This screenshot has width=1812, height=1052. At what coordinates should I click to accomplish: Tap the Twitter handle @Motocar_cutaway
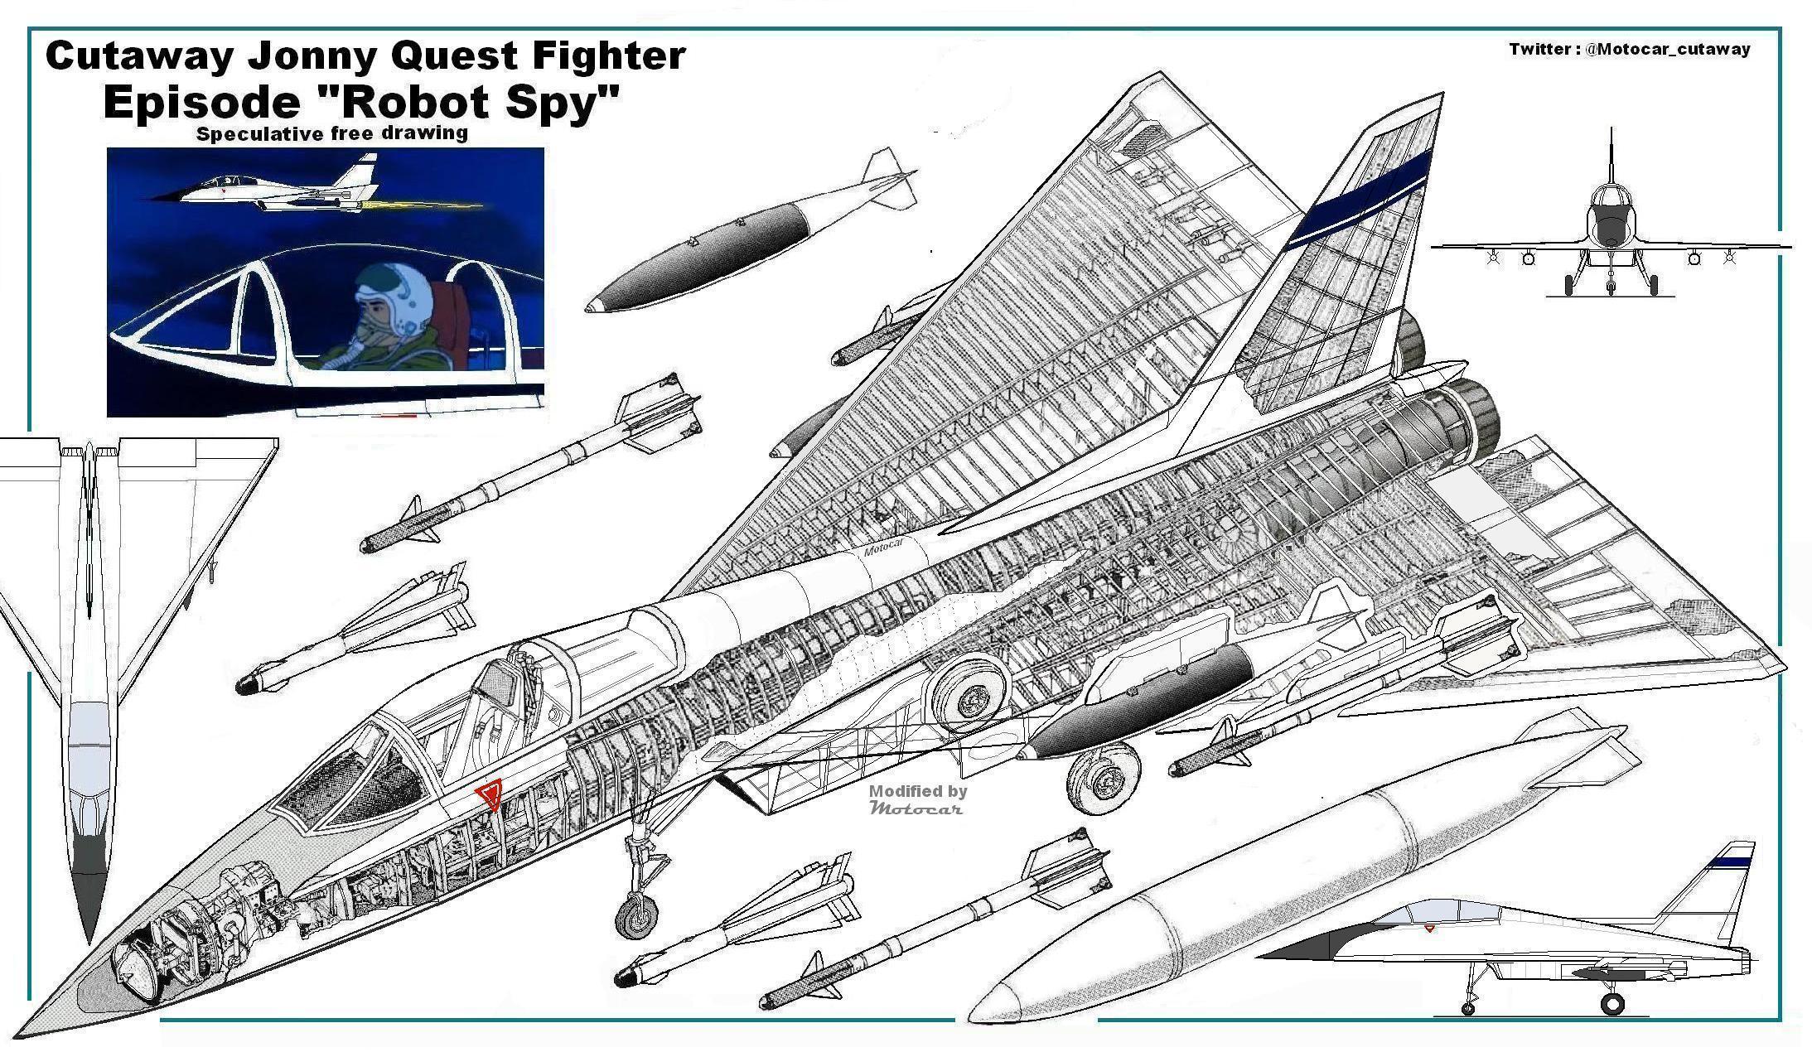pyautogui.click(x=1667, y=50)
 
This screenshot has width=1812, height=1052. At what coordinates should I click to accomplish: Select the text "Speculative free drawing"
pyautogui.click(x=331, y=133)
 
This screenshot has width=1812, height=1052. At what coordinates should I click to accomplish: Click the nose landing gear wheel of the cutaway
pyautogui.click(x=636, y=917)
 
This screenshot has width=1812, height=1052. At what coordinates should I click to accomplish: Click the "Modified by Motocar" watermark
pyautogui.click(x=917, y=799)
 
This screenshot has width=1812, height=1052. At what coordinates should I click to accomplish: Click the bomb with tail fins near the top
pyautogui.click(x=746, y=240)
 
